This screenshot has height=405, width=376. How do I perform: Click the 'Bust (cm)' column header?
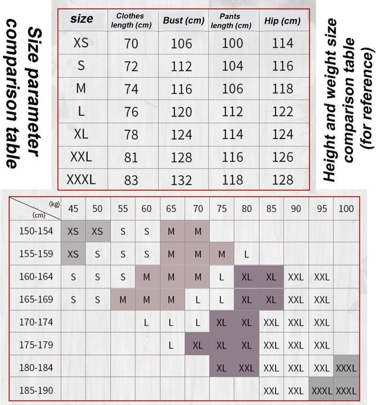(181, 21)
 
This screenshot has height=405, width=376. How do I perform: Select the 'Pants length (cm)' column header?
(231, 21)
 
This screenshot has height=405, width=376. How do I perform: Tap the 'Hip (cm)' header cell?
(283, 21)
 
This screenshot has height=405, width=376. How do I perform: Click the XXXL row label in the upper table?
(81, 180)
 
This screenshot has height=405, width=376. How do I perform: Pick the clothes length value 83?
(131, 180)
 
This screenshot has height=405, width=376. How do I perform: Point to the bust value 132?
(181, 180)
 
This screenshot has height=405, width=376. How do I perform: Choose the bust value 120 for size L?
(181, 112)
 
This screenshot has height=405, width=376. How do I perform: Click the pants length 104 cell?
(233, 66)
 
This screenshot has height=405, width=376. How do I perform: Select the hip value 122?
(283, 112)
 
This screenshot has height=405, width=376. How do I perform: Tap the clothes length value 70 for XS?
(131, 43)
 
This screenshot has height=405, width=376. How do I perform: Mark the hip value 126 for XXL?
(283, 157)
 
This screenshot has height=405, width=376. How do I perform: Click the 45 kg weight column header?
(73, 209)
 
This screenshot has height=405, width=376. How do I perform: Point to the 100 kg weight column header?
(346, 209)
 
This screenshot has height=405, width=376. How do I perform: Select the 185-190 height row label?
(36, 390)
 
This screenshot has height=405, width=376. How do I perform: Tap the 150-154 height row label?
(36, 231)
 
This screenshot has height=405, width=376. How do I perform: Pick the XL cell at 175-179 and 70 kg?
(197, 345)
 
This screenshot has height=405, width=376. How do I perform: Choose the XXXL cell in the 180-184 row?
(346, 368)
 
